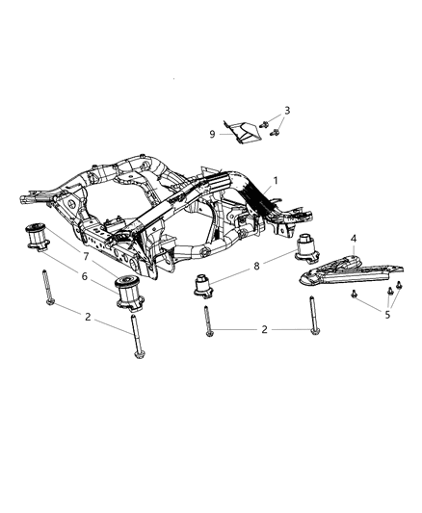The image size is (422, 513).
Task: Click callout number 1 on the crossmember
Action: pyautogui.click(x=276, y=180)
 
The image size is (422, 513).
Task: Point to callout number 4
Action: pyautogui.click(x=354, y=238)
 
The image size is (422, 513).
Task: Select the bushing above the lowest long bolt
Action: pyautogui.click(x=129, y=292)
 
